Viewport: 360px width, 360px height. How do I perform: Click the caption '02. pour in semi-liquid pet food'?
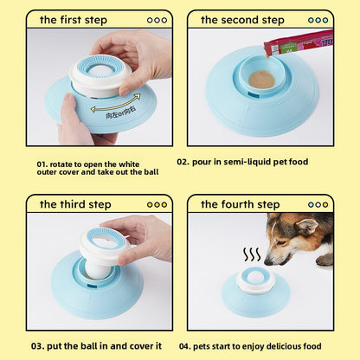254,162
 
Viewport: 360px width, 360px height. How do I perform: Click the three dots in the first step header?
157,19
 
